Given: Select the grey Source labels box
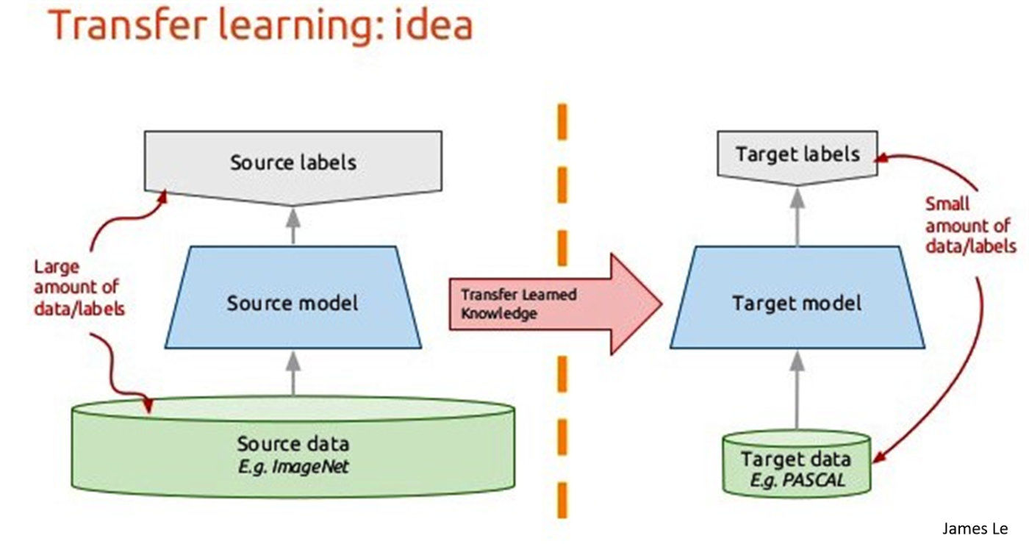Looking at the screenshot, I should pos(293,162).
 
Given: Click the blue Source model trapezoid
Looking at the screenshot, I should pos(293,302).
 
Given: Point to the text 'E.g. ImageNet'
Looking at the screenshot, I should pos(293,465).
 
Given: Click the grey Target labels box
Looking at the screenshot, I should pos(797,155).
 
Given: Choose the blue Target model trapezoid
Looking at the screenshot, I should pos(797,302).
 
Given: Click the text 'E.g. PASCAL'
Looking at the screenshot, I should pos(797,482).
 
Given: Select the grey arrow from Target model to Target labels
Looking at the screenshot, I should pos(797,213).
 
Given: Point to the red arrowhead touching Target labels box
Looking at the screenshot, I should pos(884,156).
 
